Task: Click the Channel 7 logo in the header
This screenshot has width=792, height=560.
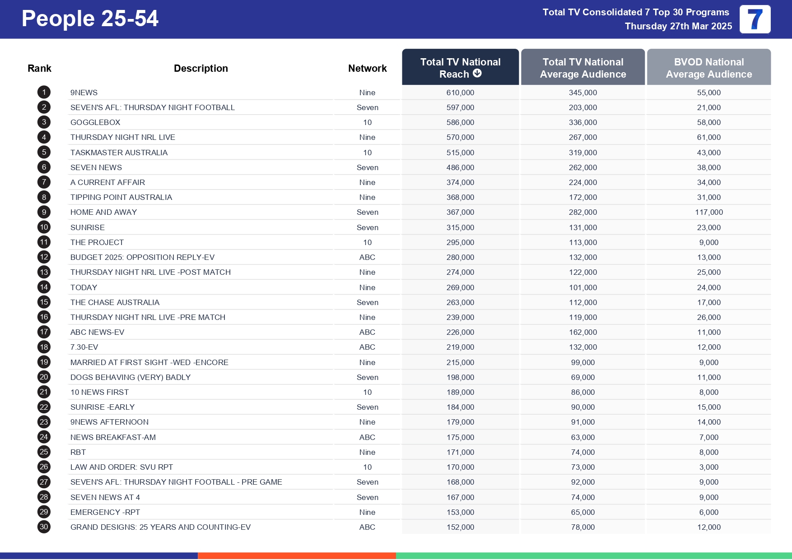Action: (755, 19)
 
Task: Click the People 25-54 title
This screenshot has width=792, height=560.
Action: (90, 19)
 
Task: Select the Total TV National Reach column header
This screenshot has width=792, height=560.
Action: (460, 68)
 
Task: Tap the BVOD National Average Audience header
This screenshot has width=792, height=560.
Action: (708, 68)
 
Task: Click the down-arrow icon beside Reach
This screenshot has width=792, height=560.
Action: (477, 74)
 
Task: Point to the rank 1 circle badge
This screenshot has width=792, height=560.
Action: (44, 93)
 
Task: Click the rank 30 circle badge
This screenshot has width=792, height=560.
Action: (44, 527)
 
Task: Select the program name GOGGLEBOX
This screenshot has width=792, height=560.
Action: (95, 122)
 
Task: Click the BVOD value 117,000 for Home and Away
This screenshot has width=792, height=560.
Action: (708, 212)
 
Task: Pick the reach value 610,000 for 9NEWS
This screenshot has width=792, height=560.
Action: (460, 93)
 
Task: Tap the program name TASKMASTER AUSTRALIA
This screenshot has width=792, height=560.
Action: (119, 153)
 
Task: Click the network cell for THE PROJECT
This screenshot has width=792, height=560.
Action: (367, 242)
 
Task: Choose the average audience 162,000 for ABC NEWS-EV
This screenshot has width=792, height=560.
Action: (582, 332)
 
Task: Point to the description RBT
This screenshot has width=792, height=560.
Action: (78, 452)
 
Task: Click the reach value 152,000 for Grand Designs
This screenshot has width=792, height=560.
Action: (460, 527)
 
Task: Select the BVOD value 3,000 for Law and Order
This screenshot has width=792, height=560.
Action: (708, 467)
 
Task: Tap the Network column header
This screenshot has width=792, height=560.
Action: (367, 68)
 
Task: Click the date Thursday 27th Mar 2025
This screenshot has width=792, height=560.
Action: (678, 26)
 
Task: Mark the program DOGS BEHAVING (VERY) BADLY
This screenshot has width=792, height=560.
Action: (130, 377)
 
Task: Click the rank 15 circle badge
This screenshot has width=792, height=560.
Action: (44, 302)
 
